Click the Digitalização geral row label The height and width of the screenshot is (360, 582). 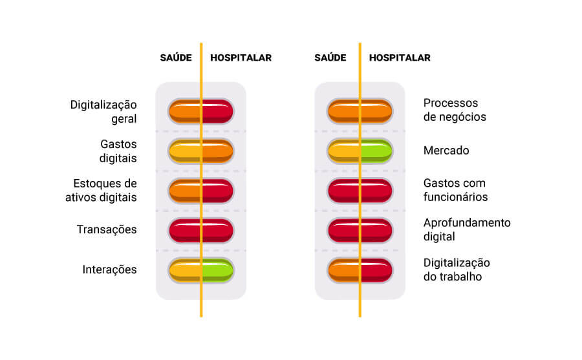pos(103,111)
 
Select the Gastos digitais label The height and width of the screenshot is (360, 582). pos(118,151)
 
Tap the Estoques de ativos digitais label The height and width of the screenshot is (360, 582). pos(101,191)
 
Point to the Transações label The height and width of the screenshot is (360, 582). pos(107,229)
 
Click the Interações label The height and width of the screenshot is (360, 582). pos(109,270)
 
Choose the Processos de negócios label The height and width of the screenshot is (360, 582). pos(455,110)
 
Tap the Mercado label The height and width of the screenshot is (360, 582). pos(446,151)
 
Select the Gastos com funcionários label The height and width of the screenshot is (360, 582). pos(455,189)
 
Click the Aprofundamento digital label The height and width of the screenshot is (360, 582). pos(467,229)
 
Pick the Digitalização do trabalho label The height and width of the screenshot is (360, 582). pos(457,270)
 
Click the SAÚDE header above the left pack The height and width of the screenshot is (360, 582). pos(176,58)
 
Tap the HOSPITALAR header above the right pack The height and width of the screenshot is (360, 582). pos(400,58)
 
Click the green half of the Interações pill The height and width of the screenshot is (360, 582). pos(218,270)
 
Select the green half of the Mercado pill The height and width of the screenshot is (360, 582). pos(376,151)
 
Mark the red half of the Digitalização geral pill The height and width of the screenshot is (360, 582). pos(218,111)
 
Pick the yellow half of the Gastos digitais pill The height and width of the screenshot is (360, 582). pos(184,151)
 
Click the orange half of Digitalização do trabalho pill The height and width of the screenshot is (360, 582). pos(343,270)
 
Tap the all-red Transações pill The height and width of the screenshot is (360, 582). pos(201,231)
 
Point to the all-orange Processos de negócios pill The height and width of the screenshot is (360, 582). pos(360,111)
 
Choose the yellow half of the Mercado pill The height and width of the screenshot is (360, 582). pos(343,151)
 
